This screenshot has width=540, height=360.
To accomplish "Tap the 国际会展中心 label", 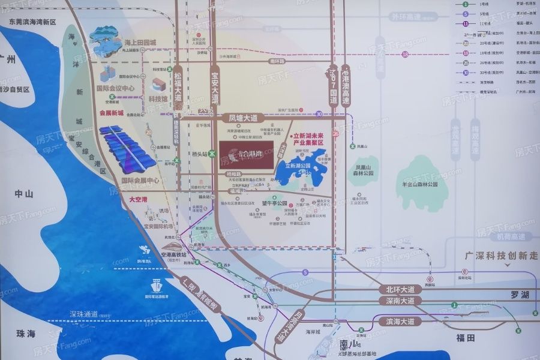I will (x=140, y=180).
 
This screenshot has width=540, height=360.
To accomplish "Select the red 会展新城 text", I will (x=111, y=112).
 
